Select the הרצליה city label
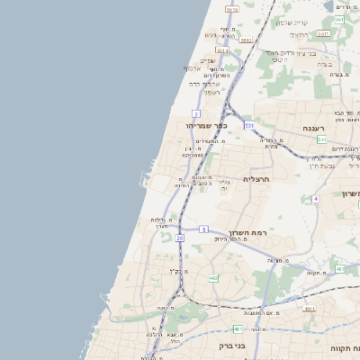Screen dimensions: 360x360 [x=256, y=180]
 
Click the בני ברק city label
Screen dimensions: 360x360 [x=232, y=345]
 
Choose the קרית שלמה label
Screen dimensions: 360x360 [x=292, y=22]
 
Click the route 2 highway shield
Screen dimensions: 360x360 [x=194, y=114]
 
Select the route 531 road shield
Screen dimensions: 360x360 [x=247, y=126]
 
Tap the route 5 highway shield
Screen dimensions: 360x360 [x=204, y=229]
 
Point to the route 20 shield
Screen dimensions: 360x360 [x=180, y=238]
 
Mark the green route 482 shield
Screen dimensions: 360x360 [x=213, y=278]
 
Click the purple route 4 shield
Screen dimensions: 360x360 [x=315, y=198]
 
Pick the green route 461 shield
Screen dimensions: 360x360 [x=237, y=329]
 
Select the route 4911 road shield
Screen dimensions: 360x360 [x=310, y=308]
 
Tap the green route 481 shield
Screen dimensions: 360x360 [x=340, y=267]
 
